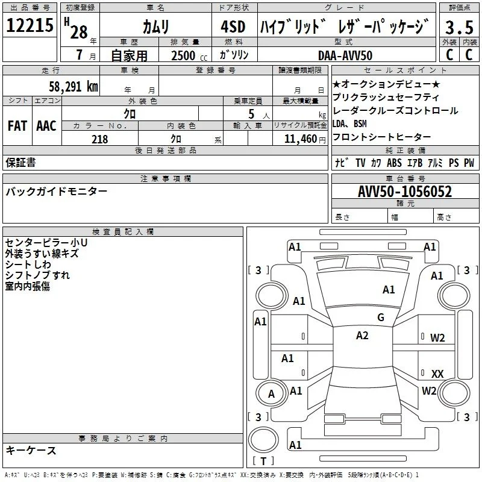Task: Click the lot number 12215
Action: tap(30, 25)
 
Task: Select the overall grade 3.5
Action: tap(459, 27)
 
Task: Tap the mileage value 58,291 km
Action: tap(74, 86)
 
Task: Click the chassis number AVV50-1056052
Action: tap(405, 192)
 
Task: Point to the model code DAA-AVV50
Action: tap(345, 55)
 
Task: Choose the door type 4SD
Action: tap(233, 27)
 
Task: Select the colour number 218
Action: tap(100, 139)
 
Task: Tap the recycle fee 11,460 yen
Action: tap(305, 139)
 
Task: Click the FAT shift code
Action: tap(17, 126)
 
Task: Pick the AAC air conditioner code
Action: tap(46, 126)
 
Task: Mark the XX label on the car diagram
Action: tap(437, 374)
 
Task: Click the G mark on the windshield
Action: tap(381, 317)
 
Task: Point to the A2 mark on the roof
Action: tap(362, 336)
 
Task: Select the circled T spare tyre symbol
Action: tap(263, 440)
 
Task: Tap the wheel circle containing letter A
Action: tap(271, 394)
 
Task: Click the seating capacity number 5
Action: tap(251, 114)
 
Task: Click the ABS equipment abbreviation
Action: tap(394, 163)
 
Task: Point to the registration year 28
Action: tap(79, 32)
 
